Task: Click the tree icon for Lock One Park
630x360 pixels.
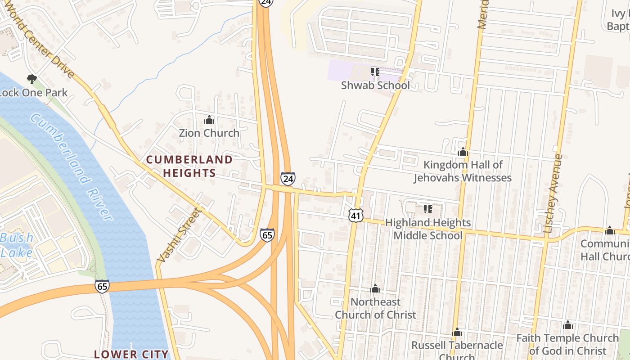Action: (31, 79)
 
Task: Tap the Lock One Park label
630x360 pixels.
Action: (33, 93)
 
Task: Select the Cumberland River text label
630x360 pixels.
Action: (72, 166)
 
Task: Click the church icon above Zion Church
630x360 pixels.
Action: (209, 120)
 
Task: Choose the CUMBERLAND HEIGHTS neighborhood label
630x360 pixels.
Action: (189, 166)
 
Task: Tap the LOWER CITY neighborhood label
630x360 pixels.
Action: (131, 354)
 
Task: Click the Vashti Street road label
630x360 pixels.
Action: (178, 235)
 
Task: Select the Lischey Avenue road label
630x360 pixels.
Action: (553, 193)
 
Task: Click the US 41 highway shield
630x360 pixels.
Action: (356, 216)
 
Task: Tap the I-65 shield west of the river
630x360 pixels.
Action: (102, 286)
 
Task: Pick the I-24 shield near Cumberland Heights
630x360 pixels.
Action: (288, 179)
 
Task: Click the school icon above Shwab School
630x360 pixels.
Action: (375, 72)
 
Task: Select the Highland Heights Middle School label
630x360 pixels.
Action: (427, 229)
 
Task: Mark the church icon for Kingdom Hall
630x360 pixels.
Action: (463, 152)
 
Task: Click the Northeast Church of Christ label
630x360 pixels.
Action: (375, 308)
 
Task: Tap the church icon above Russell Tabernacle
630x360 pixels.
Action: (457, 332)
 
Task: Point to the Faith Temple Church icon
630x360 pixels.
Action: (568, 325)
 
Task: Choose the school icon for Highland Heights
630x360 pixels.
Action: (427, 209)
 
